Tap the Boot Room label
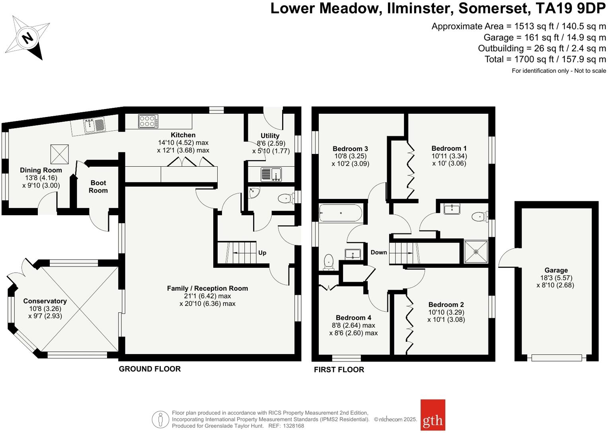98,187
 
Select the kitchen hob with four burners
148,121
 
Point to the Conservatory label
45,301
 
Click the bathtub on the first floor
341,213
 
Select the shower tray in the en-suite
476,252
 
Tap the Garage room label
556,270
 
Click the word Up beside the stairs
262,253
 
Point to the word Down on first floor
378,252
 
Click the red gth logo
433,415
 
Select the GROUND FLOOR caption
150,369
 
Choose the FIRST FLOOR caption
339,370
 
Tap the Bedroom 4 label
353,317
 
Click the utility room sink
271,174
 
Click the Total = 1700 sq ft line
545,59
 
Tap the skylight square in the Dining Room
59,154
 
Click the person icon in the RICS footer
160,419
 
